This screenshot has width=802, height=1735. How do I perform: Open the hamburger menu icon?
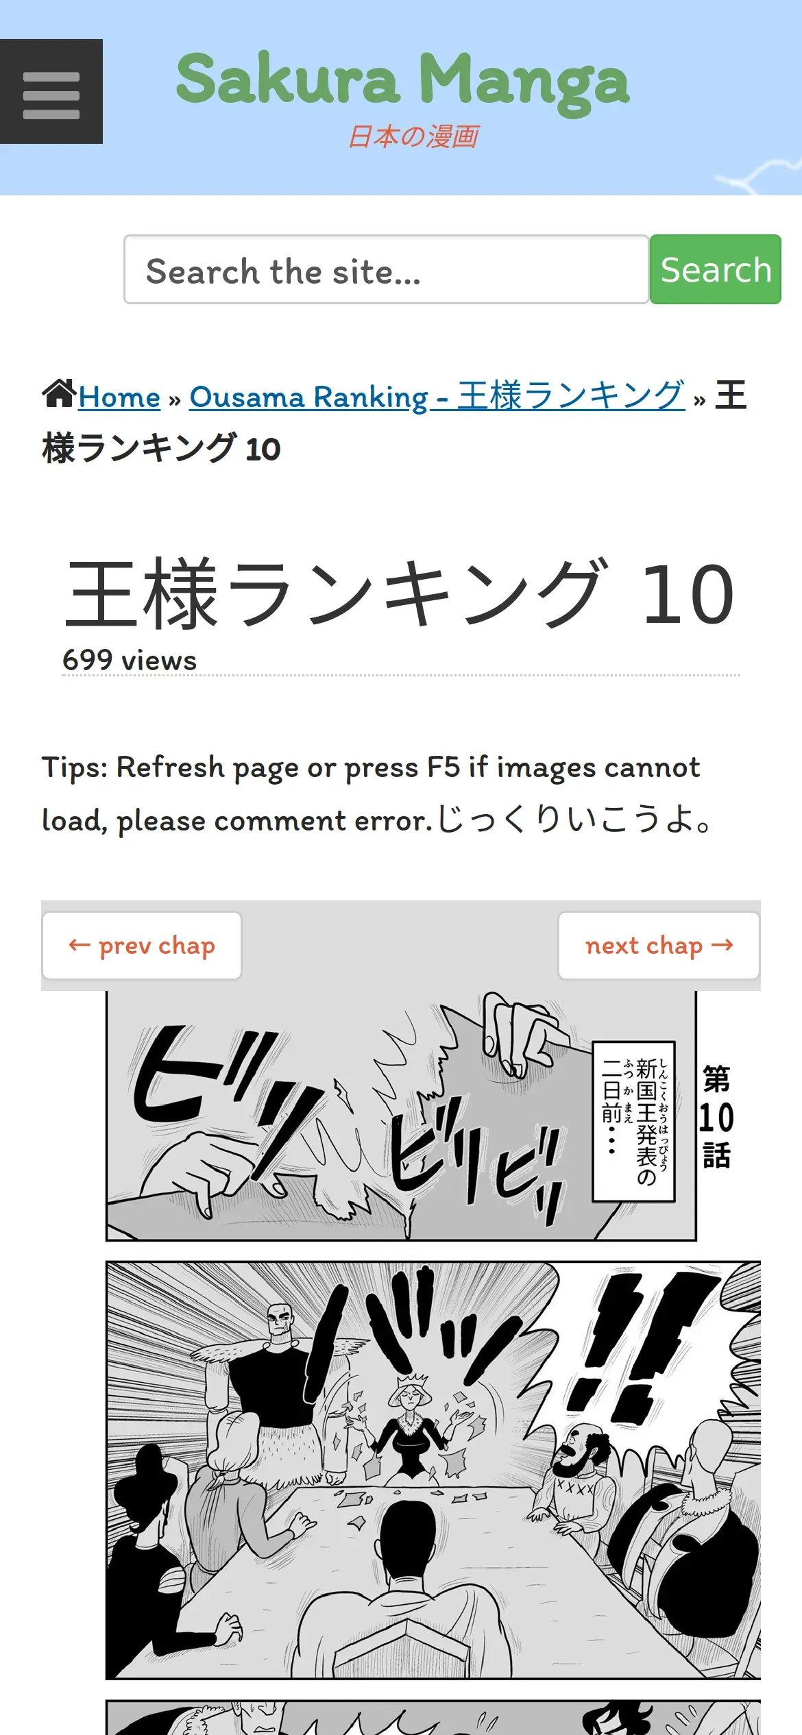[51, 92]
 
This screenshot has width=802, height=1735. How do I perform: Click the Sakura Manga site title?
[402, 81]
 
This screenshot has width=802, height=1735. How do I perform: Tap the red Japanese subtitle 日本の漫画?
[413, 136]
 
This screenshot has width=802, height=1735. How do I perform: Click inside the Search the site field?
[386, 269]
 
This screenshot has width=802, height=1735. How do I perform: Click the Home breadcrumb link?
[119, 397]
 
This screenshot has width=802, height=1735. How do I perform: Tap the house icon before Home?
[59, 394]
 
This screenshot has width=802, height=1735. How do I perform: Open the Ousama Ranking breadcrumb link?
[437, 396]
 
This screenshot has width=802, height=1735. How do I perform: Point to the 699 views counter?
[130, 660]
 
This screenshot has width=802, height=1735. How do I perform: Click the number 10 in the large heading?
[689, 593]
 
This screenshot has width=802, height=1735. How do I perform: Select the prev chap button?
[142, 946]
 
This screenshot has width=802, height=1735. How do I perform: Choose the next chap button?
[659, 946]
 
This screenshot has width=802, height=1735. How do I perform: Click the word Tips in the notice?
[75, 767]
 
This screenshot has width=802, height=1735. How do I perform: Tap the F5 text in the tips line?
[443, 767]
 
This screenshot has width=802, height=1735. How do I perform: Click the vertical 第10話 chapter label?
[716, 1117]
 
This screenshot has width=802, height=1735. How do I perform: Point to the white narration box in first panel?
[634, 1122]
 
